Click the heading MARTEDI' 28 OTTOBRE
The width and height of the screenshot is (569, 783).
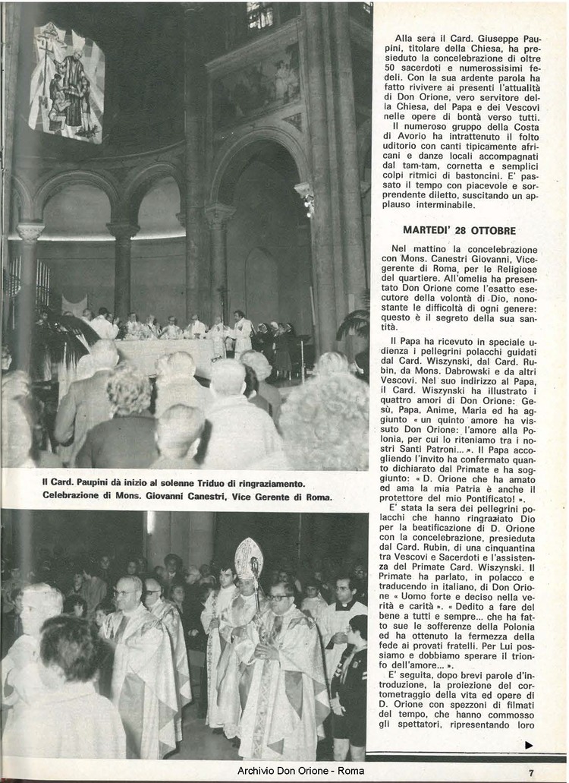pos(459,230)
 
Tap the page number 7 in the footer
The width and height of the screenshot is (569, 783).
pos(531,772)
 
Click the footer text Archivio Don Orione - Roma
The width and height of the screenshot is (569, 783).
pos(300,771)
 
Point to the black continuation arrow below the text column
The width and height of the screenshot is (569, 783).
pos(529,745)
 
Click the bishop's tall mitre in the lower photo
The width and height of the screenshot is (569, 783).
pos(247,557)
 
